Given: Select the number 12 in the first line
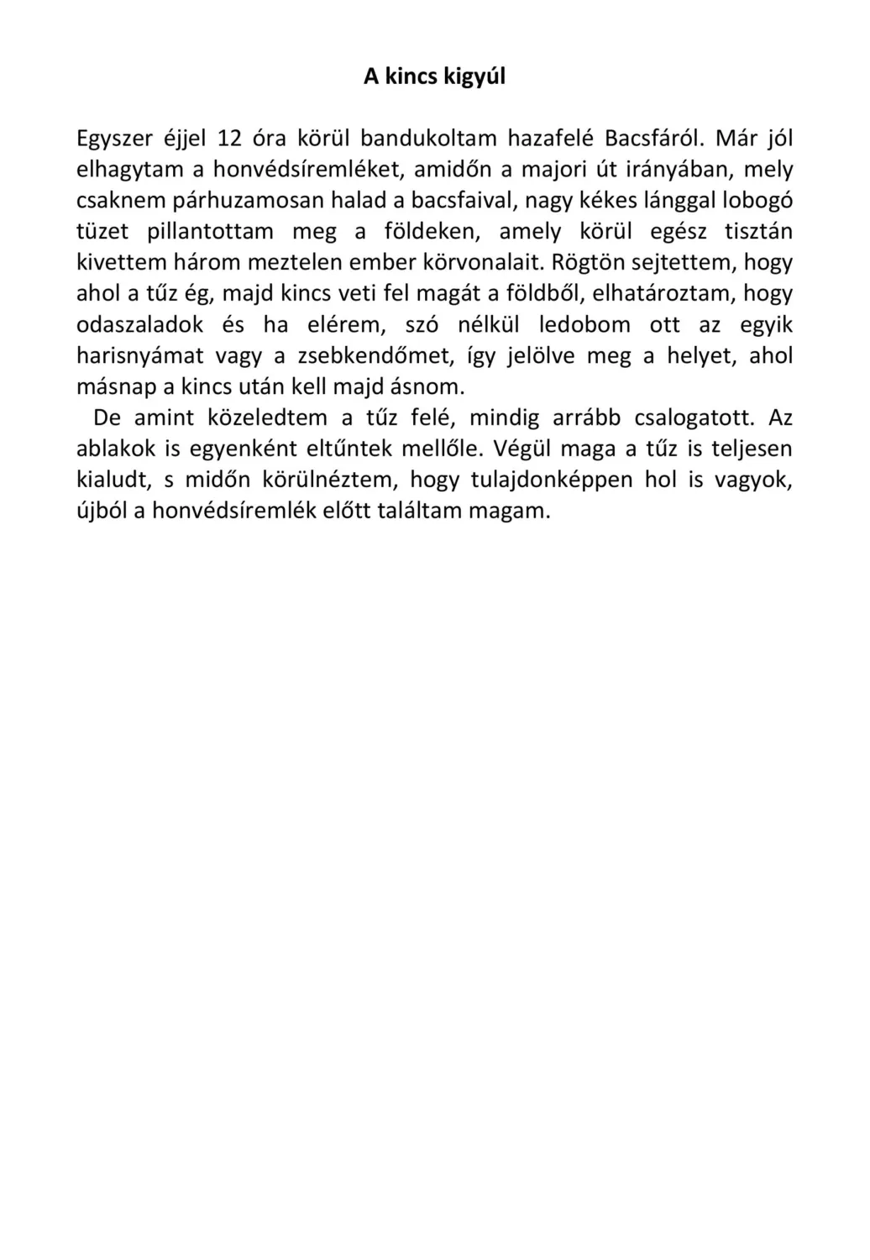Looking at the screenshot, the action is [x=229, y=139].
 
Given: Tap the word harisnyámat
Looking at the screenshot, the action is [x=139, y=356].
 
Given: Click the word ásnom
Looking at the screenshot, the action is [x=429, y=387].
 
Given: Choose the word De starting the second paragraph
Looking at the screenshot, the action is [x=107, y=417].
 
